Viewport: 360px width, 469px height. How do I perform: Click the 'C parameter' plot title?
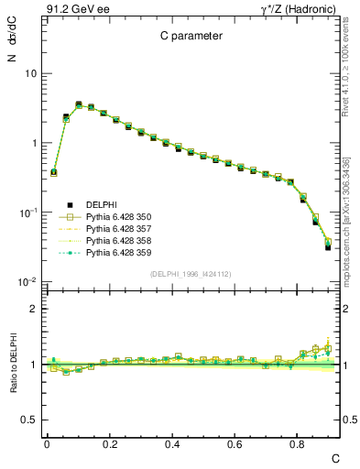tap(187, 38)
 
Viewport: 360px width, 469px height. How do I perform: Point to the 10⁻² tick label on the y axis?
tap(27, 282)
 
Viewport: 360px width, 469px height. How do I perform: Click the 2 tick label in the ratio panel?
tap(33, 309)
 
